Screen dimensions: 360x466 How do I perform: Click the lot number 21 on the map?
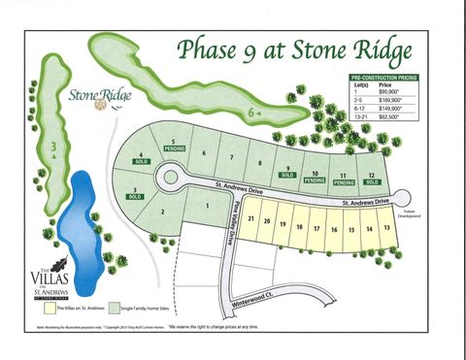pyautogui.click(x=251, y=219)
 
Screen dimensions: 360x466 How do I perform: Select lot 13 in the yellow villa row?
pyautogui.click(x=386, y=227)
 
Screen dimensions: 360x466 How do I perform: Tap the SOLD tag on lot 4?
pyautogui.click(x=142, y=161)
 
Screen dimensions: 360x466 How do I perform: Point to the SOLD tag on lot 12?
pyautogui.click(x=371, y=181)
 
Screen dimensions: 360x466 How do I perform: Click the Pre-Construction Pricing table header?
pyautogui.click(x=385, y=75)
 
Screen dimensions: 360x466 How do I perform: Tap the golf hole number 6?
pyautogui.click(x=252, y=113)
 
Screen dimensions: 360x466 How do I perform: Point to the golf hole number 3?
pyautogui.click(x=55, y=147)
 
